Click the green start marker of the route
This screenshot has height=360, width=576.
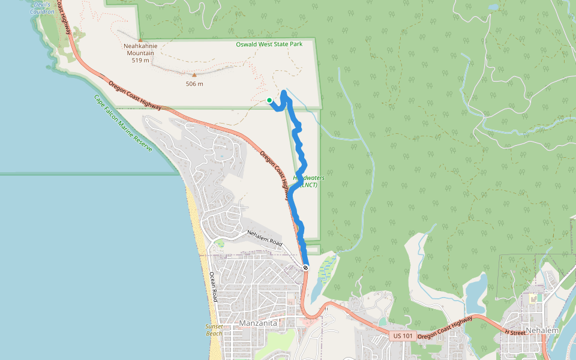pyautogui.click(x=269, y=100)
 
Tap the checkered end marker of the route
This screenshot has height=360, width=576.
pyautogui.click(x=305, y=268)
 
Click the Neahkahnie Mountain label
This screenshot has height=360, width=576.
pyautogui.click(x=140, y=49)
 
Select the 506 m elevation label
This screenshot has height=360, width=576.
pyautogui.click(x=194, y=84)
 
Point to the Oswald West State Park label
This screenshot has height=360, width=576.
pyautogui.click(x=268, y=44)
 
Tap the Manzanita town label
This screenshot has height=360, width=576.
pyautogui.click(x=258, y=323)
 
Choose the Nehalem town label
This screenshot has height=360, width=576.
pyautogui.click(x=542, y=331)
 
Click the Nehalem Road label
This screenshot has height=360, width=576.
pyautogui.click(x=265, y=238)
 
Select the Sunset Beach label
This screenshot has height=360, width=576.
pyautogui.click(x=214, y=329)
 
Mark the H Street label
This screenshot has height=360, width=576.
pyautogui.click(x=514, y=332)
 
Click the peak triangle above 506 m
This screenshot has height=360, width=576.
pyautogui.click(x=194, y=75)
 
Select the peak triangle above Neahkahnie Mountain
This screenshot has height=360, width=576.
pyautogui.click(x=140, y=40)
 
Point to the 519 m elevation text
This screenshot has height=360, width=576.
pyautogui.click(x=140, y=60)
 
